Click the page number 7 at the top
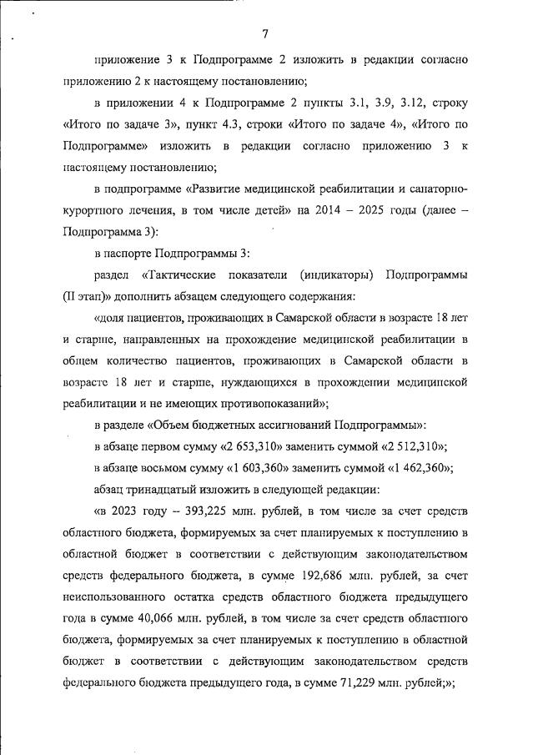[x=264, y=34]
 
